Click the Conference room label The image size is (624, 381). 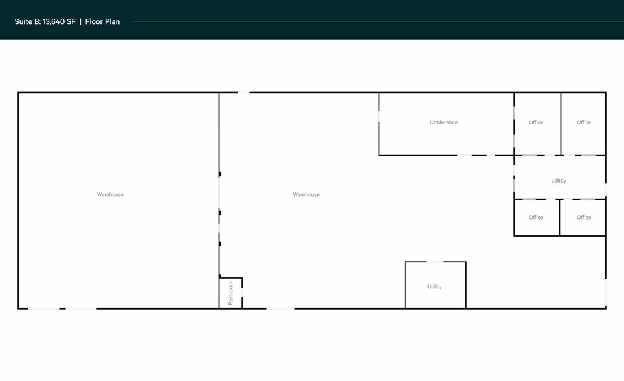443,122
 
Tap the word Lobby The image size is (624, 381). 559,181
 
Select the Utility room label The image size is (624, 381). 434,286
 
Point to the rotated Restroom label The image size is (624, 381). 231,294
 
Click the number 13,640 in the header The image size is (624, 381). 54,21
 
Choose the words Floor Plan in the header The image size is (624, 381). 102,21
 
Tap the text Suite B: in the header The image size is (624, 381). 27,21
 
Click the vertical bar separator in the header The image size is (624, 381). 80,21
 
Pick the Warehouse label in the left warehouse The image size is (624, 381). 110,194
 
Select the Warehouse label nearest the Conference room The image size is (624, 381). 306,194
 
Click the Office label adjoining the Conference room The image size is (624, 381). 536,122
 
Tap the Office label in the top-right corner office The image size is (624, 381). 583,122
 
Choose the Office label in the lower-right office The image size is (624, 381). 583,217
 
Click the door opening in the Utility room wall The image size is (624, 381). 435,262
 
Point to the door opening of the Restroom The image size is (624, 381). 242,292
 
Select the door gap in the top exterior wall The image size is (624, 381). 243,93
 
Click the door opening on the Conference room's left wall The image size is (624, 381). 379,117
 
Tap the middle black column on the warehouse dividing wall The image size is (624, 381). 220,213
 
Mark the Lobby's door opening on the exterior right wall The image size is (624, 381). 605,190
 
